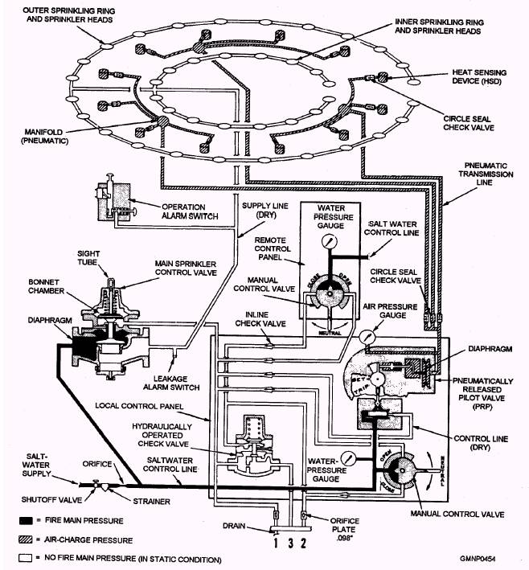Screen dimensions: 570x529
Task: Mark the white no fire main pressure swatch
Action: click(x=17, y=557)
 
